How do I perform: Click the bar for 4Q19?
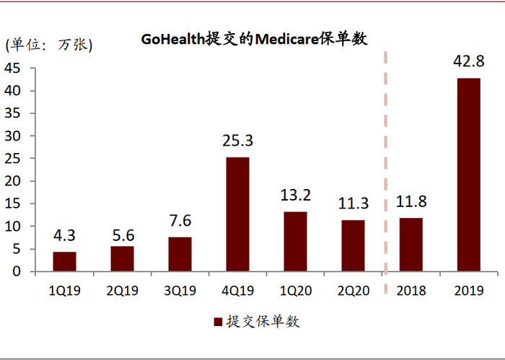coord(237,214)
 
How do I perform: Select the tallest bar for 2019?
coord(468,175)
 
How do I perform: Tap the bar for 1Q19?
coord(64,261)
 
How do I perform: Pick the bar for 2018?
coord(410,245)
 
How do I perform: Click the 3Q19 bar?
coord(180,254)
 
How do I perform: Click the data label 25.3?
coord(237,141)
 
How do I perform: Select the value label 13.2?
coord(295,196)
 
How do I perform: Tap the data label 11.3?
coord(353,205)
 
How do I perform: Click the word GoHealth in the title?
coord(171,39)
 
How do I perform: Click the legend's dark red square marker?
coord(216,322)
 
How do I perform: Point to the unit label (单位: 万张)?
coord(49,45)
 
